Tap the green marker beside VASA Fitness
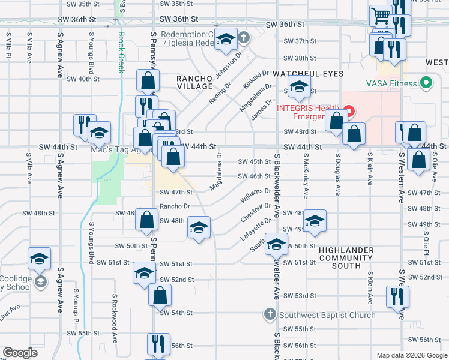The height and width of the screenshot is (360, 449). [427, 83]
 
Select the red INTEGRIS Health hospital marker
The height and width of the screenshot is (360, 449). [349, 111]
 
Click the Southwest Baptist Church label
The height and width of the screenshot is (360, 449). [328, 314]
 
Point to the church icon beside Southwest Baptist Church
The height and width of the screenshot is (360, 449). [270, 314]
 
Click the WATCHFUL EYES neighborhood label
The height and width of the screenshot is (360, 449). [308, 73]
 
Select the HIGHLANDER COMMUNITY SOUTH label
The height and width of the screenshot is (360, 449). [347, 257]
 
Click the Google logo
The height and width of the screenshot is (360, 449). [20, 353]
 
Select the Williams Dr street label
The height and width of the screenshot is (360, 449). [255, 194]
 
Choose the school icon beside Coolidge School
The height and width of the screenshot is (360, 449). [40, 281]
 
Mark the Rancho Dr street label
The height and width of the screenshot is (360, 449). [175, 206]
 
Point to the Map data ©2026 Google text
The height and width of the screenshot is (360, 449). [412, 355]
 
